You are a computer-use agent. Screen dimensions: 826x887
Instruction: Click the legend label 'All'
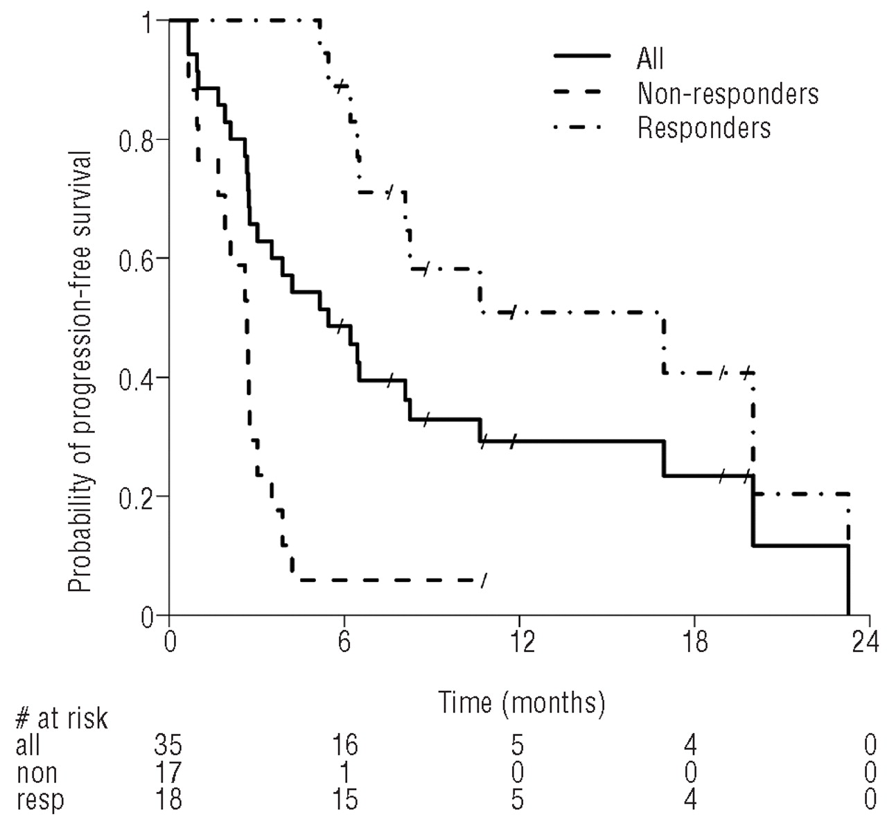(650, 58)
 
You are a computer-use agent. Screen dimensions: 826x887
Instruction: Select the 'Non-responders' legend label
(728, 94)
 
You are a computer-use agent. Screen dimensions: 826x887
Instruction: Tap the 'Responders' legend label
(703, 128)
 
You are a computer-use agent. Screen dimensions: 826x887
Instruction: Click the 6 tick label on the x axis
(344, 642)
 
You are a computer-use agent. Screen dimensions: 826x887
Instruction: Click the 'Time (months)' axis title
(522, 703)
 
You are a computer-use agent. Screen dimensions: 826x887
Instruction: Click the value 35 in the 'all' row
(168, 746)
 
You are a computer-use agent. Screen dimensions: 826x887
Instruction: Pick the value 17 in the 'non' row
(168, 773)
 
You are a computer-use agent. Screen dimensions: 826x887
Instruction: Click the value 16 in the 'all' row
(344, 746)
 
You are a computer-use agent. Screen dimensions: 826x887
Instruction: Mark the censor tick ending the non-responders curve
(484, 579)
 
